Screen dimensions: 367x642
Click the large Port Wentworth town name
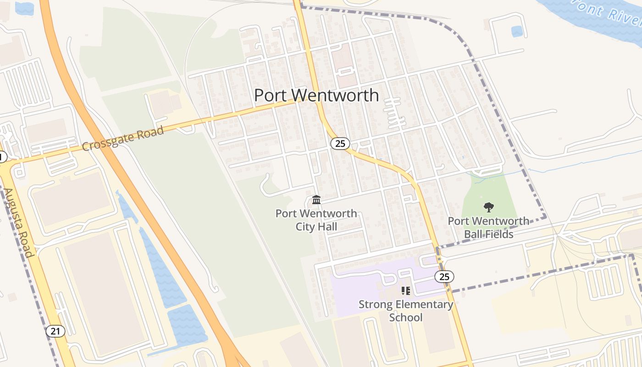(x=316, y=95)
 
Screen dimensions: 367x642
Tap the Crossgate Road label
(x=123, y=139)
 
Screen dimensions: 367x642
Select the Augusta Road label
(x=19, y=222)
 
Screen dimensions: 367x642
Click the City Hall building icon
(x=316, y=200)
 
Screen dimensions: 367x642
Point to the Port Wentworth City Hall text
(x=316, y=220)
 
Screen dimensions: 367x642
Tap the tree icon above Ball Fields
(x=488, y=207)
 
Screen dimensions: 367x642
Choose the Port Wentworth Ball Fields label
(x=488, y=228)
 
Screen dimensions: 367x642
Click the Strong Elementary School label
(x=406, y=311)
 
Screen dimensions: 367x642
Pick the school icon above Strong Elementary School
(x=405, y=290)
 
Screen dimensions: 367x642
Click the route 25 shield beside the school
(x=444, y=277)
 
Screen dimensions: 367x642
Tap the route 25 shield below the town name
(x=340, y=144)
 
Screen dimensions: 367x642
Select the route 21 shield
(x=55, y=331)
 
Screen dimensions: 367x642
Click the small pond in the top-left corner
(x=24, y=8)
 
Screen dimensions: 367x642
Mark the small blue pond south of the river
(x=517, y=31)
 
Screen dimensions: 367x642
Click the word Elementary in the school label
(x=417, y=304)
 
